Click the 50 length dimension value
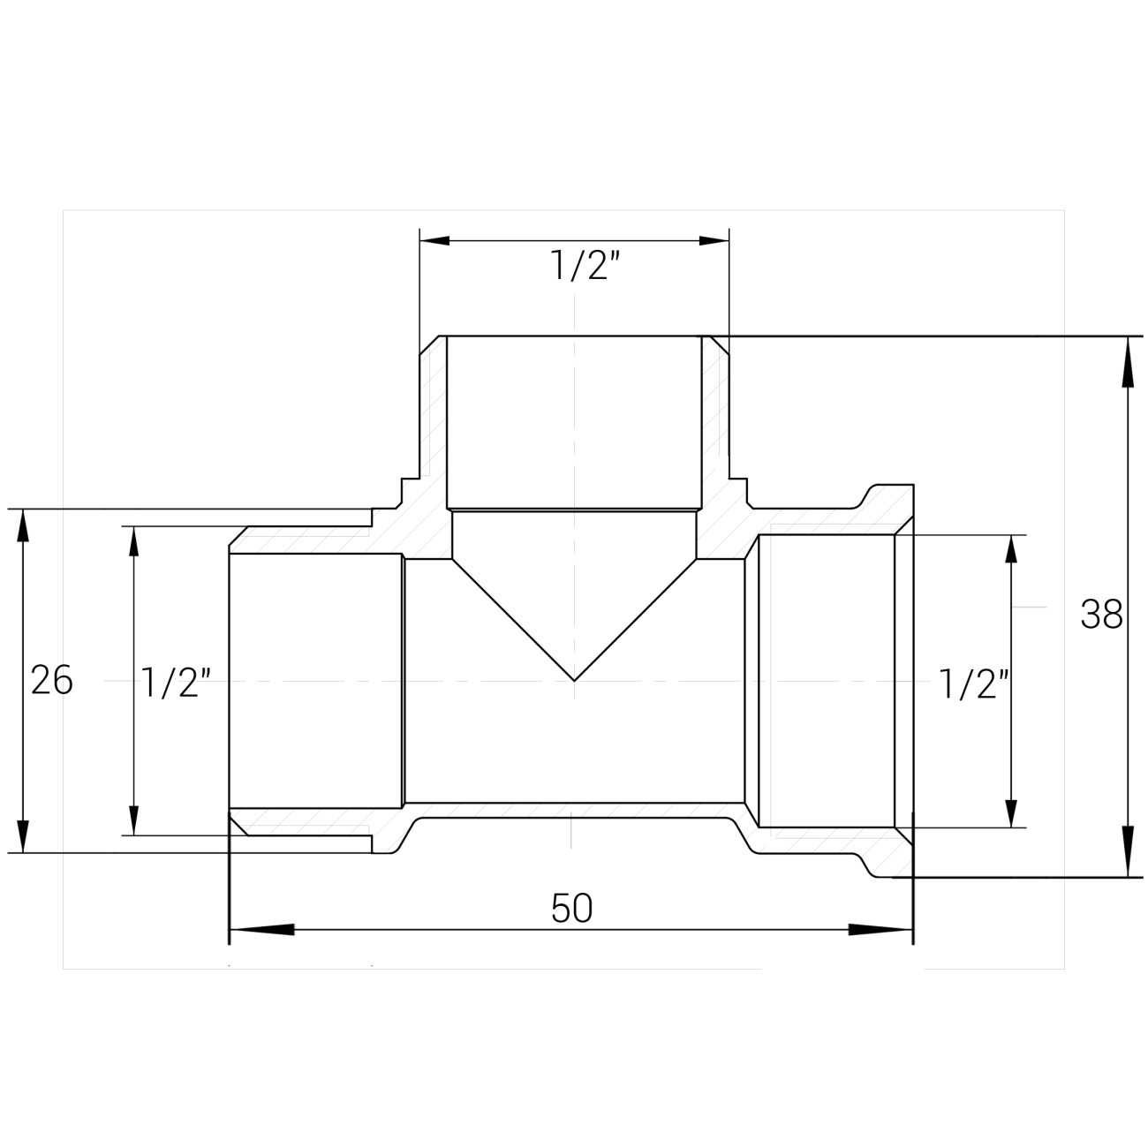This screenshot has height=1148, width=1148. [572, 908]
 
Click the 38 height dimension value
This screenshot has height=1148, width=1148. [1101, 615]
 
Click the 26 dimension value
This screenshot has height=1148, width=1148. [52, 680]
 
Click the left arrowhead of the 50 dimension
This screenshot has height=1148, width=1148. [262, 929]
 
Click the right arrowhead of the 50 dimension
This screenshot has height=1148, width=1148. [880, 929]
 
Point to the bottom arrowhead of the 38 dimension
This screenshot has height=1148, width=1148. [1128, 851]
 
